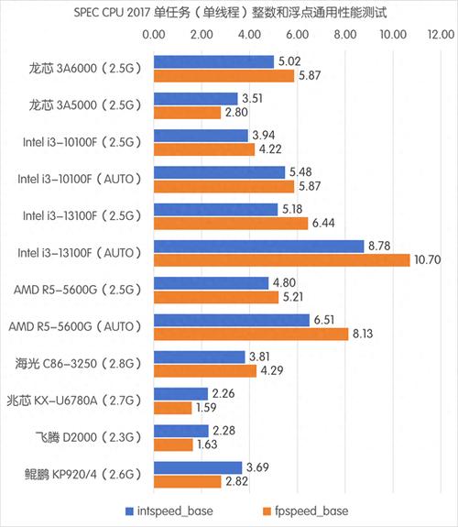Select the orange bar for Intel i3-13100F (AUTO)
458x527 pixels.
tap(281, 260)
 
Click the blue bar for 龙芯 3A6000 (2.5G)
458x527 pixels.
tap(213, 61)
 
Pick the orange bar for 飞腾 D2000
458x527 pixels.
tap(173, 445)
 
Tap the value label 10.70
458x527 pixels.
tap(428, 260)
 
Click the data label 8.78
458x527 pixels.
tap(379, 247)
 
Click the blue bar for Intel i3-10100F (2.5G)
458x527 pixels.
tap(201, 136)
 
